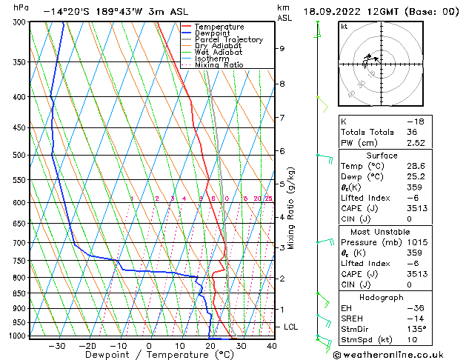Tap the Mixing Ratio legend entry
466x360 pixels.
pyautogui.click(x=219, y=65)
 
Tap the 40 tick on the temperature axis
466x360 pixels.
pyautogui.click(x=271, y=346)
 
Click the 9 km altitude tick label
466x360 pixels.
pyautogui.click(x=282, y=49)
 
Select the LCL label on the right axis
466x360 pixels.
pyautogui.click(x=291, y=327)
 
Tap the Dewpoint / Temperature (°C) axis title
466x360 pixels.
pyautogui.click(x=149, y=356)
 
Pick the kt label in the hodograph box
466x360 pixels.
pyautogui.click(x=344, y=27)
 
